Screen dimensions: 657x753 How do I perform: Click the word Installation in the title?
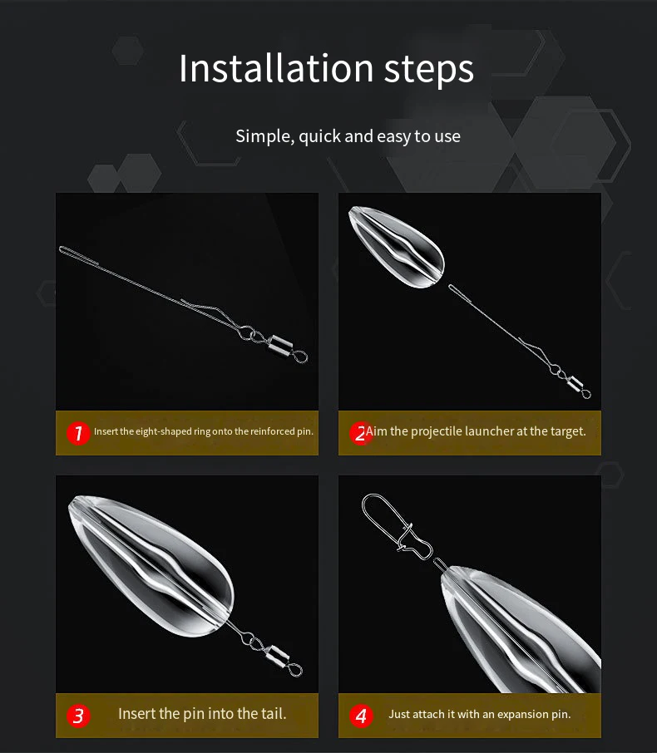click(x=276, y=67)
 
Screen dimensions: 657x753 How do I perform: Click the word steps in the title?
click(x=429, y=70)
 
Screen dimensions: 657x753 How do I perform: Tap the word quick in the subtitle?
click(x=319, y=137)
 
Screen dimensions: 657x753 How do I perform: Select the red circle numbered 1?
click(x=78, y=433)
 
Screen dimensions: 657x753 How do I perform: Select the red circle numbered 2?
click(x=360, y=433)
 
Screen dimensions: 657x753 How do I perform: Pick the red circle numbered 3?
click(x=78, y=716)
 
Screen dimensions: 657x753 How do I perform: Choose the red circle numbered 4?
click(x=361, y=716)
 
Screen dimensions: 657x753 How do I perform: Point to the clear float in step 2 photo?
click(x=397, y=247)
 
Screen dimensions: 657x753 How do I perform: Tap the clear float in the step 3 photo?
click(x=151, y=567)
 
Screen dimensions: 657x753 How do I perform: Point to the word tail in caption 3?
click(x=273, y=714)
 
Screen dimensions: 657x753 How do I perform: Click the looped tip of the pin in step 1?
click(x=65, y=249)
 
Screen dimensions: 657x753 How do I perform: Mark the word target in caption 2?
click(x=566, y=431)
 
